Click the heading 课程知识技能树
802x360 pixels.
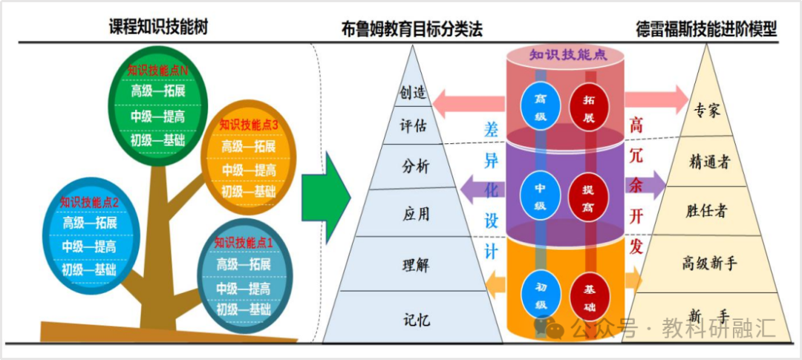pyautogui.click(x=158, y=27)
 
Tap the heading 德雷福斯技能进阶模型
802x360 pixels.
pyautogui.click(x=706, y=29)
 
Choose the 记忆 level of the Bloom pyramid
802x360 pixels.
pyautogui.click(x=417, y=320)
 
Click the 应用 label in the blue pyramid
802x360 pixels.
pyautogui.click(x=416, y=213)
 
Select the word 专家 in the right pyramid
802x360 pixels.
pyautogui.click(x=708, y=109)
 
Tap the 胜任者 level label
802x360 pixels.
pyautogui.click(x=706, y=212)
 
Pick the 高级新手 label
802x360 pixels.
pyautogui.click(x=709, y=264)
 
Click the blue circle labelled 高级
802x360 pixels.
pyautogui.click(x=541, y=107)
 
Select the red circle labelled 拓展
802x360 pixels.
pyautogui.click(x=589, y=107)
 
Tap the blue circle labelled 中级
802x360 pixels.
pyautogui.click(x=541, y=196)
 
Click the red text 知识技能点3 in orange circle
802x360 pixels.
pyautogui.click(x=249, y=124)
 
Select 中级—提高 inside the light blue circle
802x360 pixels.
pyautogui.click(x=90, y=246)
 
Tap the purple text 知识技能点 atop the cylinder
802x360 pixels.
pyautogui.click(x=568, y=55)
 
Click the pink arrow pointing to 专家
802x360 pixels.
pyautogui.click(x=656, y=99)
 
